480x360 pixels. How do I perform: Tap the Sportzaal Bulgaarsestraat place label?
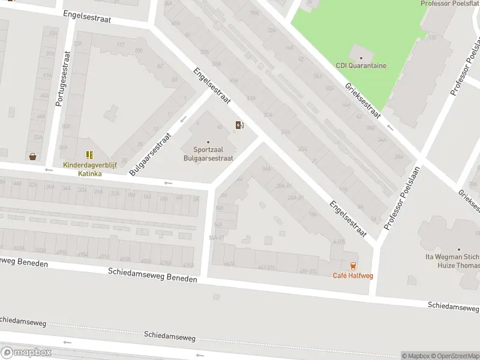(x=208, y=154)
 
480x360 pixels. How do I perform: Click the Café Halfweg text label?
(x=352, y=275)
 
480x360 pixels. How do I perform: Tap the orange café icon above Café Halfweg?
(x=352, y=266)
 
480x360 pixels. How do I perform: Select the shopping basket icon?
(x=32, y=157)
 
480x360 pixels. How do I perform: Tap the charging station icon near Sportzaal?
(x=239, y=125)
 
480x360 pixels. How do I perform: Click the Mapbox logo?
(x=26, y=353)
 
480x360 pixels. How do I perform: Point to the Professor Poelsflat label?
(x=450, y=4)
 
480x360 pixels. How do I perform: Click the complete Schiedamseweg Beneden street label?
(x=153, y=275)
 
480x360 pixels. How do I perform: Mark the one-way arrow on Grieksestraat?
(x=390, y=127)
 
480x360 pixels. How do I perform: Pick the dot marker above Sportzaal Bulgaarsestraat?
(x=208, y=142)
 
